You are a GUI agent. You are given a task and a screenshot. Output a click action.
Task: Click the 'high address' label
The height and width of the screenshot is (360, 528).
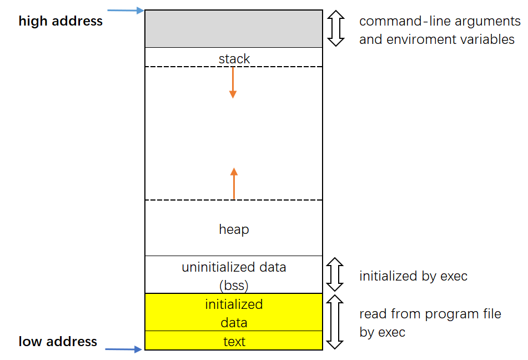click(x=61, y=21)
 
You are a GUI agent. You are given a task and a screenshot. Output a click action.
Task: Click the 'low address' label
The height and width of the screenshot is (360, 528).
click(x=58, y=341)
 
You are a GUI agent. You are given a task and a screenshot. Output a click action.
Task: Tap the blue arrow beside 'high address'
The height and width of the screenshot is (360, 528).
click(x=125, y=10)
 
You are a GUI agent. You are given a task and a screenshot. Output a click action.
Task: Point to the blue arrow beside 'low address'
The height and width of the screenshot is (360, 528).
click(x=124, y=349)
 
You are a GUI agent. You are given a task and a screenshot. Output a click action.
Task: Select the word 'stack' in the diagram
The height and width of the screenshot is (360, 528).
click(x=234, y=58)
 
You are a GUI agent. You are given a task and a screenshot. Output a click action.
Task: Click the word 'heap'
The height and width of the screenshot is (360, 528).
click(x=234, y=229)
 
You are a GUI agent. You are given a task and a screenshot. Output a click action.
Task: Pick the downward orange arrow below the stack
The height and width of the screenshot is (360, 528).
click(x=233, y=83)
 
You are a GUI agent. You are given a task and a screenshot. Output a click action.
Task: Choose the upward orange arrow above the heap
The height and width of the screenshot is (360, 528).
click(x=234, y=183)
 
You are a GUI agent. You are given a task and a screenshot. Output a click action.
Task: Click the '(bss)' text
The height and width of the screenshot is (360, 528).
click(x=234, y=286)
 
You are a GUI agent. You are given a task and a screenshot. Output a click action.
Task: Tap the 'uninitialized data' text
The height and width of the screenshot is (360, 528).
click(x=234, y=267)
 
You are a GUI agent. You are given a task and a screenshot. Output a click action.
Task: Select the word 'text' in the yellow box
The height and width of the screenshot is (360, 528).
click(x=234, y=342)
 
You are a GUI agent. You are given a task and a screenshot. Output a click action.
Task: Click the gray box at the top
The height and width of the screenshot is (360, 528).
click(x=233, y=28)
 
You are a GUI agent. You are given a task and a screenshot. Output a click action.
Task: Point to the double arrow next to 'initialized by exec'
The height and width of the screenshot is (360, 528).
click(x=335, y=274)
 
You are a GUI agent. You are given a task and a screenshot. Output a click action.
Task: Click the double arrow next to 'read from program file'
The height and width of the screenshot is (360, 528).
click(x=335, y=322)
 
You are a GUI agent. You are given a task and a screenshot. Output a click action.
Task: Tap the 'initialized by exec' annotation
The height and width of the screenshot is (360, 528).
click(x=413, y=276)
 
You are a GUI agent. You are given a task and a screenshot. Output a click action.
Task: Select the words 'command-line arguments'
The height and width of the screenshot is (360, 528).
click(x=440, y=21)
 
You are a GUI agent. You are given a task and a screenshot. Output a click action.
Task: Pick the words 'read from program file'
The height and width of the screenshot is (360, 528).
click(x=430, y=314)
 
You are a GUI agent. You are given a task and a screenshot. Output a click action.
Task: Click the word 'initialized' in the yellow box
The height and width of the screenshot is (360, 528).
click(x=234, y=304)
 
